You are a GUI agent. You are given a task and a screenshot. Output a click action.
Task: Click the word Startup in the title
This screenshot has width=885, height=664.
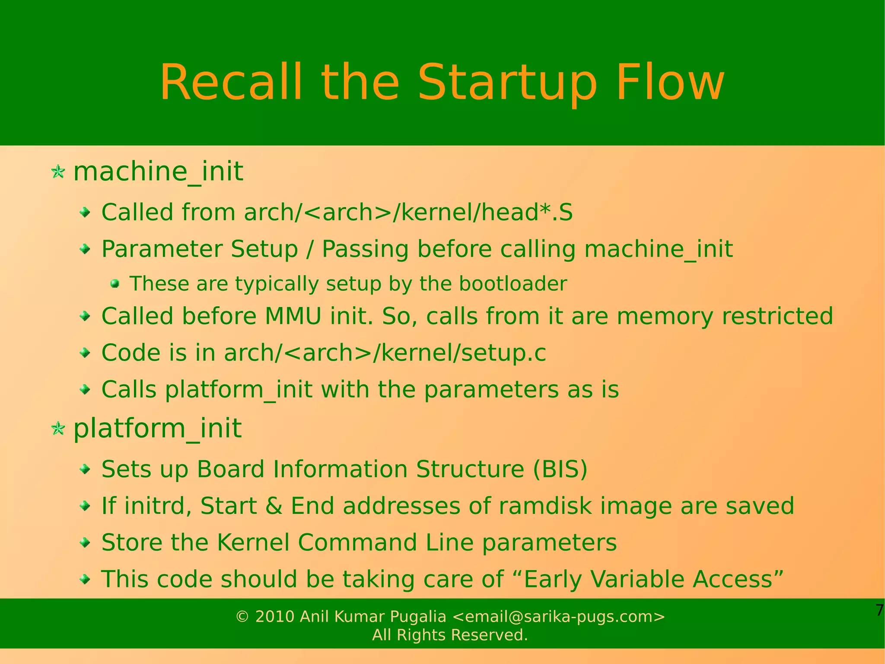[x=508, y=83]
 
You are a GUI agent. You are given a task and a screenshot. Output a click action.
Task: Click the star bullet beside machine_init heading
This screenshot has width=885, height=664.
[x=58, y=172]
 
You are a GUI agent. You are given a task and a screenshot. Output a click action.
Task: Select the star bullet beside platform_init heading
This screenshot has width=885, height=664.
[x=58, y=429]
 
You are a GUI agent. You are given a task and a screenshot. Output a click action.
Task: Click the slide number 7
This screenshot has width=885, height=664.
[x=879, y=610]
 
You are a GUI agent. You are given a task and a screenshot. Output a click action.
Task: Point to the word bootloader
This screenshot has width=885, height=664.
[x=513, y=284]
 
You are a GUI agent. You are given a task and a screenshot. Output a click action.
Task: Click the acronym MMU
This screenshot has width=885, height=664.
[x=293, y=316]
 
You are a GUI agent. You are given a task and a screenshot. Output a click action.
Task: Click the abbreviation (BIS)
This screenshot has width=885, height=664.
[x=560, y=469]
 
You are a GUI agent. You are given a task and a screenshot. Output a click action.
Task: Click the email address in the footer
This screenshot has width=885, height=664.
[x=558, y=616]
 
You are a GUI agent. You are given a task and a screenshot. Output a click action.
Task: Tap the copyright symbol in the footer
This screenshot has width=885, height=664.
[x=242, y=617]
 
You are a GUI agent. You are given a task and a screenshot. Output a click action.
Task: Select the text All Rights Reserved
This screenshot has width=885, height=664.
[x=450, y=635]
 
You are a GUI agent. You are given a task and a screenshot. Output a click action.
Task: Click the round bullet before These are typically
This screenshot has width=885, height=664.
[x=115, y=284]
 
